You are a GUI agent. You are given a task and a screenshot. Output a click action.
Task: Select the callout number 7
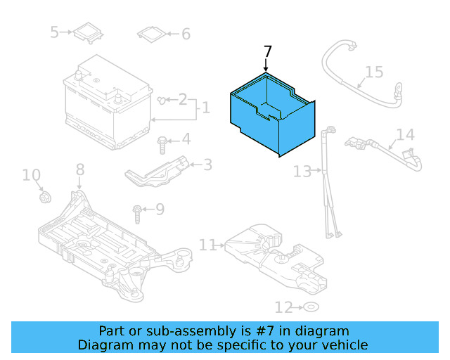point(266,52)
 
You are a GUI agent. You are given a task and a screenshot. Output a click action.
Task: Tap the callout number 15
point(374,72)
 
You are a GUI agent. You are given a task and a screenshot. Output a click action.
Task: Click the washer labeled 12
point(310,307)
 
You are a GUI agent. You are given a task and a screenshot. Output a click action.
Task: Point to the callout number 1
point(205,108)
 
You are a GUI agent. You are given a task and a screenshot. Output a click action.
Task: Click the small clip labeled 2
point(164,101)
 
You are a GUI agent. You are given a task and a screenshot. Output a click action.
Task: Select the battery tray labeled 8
point(105,236)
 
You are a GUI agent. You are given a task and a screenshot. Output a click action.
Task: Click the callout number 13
point(302,171)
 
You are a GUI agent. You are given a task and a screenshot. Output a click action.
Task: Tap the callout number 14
point(405,134)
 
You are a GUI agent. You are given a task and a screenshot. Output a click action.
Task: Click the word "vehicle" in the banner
point(342,345)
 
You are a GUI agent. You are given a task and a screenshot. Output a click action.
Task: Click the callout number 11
point(207,245)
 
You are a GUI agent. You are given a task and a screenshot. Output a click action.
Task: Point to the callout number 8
point(79,169)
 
